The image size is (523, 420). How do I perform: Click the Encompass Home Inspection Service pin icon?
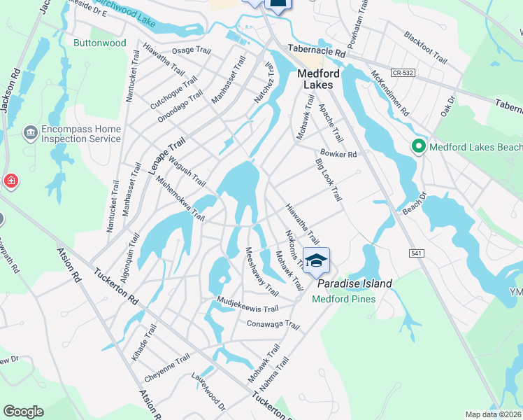[x=31, y=133]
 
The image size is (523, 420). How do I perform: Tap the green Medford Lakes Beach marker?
[x=419, y=147]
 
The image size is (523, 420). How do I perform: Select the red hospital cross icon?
[x=11, y=182]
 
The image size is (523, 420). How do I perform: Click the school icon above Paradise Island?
[x=316, y=260]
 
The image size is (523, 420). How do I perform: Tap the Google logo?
[x=23, y=412]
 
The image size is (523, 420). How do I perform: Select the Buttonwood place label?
[x=100, y=43]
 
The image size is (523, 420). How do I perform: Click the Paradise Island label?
[x=354, y=283]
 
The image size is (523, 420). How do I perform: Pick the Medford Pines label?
[x=343, y=299]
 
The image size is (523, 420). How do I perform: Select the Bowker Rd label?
[x=338, y=153]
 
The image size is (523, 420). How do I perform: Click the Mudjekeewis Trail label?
[x=246, y=308]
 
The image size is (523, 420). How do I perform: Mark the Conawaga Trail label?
[x=273, y=325]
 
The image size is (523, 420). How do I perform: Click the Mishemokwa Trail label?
[x=180, y=198]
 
